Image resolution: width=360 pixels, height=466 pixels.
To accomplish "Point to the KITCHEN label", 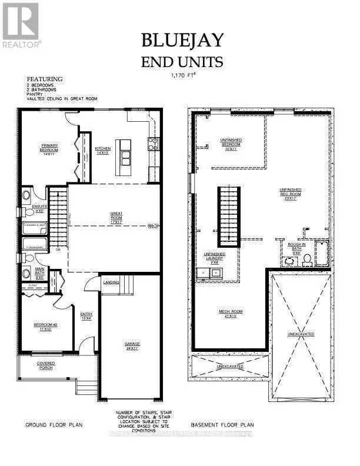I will [103, 150].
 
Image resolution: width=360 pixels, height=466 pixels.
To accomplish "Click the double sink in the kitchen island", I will [125, 156].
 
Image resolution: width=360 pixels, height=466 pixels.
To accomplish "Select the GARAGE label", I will [132, 345].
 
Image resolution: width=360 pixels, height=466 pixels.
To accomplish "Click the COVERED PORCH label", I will [46, 365].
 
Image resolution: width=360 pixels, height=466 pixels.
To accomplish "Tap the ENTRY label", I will [86, 316].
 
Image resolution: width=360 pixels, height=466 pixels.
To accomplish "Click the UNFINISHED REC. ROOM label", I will [291, 194].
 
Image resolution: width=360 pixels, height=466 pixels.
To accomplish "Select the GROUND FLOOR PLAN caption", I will [54, 424].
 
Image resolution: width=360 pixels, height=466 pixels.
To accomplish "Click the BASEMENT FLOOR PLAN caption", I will [222, 424].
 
